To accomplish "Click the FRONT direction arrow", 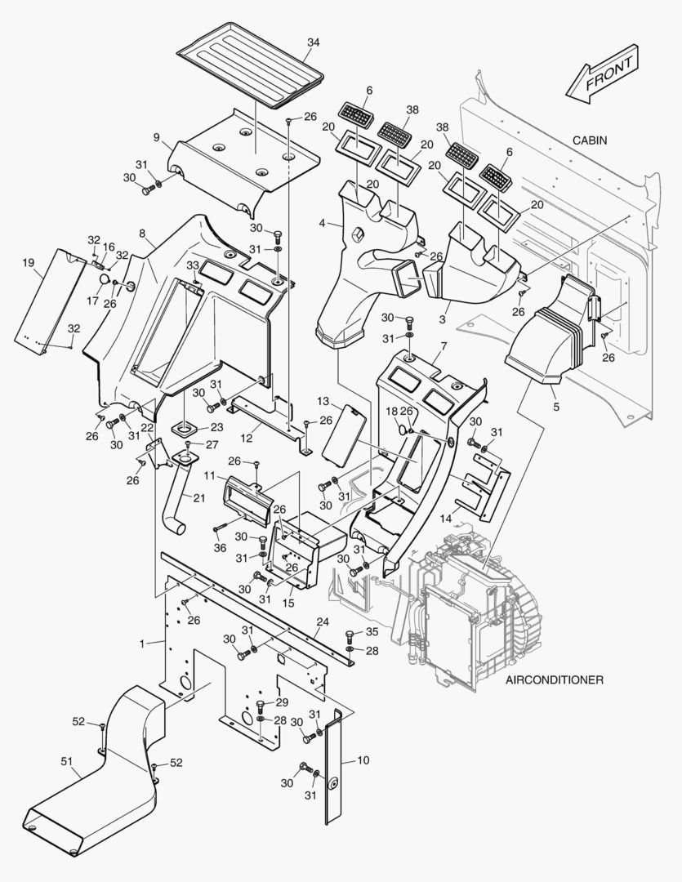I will [603, 75].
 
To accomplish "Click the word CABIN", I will [589, 140].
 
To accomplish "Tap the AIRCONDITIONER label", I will [555, 679].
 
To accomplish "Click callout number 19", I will [29, 263].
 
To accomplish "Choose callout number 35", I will [372, 631].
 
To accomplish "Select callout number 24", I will [323, 621].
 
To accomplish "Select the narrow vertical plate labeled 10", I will [333, 768].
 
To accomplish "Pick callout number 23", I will [216, 427].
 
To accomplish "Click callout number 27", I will [212, 445].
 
